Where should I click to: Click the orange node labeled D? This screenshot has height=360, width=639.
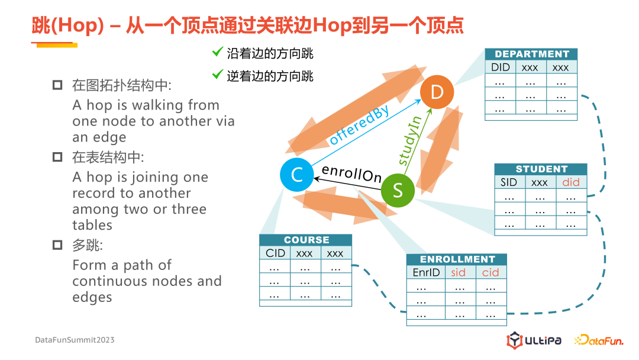click(437, 92)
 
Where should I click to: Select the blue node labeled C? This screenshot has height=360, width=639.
click(297, 175)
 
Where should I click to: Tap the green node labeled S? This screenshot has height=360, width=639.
click(397, 189)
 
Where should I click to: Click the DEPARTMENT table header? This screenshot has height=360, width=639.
click(531, 54)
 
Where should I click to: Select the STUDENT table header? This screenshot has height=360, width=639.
click(541, 169)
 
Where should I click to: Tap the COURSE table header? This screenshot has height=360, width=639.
click(306, 240)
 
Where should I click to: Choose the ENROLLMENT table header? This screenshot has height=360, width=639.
click(457, 259)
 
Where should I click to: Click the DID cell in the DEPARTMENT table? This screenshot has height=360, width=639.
click(501, 67)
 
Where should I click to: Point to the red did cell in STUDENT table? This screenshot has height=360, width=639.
click(571, 182)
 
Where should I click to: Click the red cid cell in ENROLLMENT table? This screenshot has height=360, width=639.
click(490, 272)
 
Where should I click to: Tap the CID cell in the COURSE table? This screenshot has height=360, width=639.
click(276, 253)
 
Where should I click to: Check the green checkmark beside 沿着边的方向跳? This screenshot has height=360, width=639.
click(217, 53)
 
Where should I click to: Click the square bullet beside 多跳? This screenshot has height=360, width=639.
click(57, 245)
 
